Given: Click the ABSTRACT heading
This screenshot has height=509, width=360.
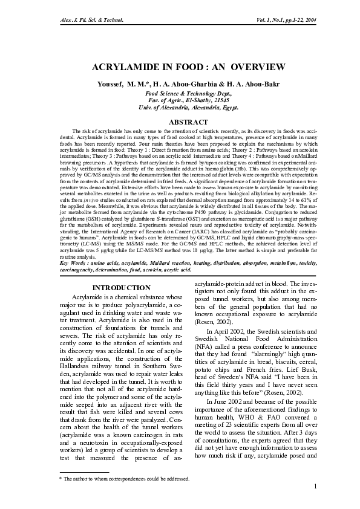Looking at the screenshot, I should click(x=179, y=122).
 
